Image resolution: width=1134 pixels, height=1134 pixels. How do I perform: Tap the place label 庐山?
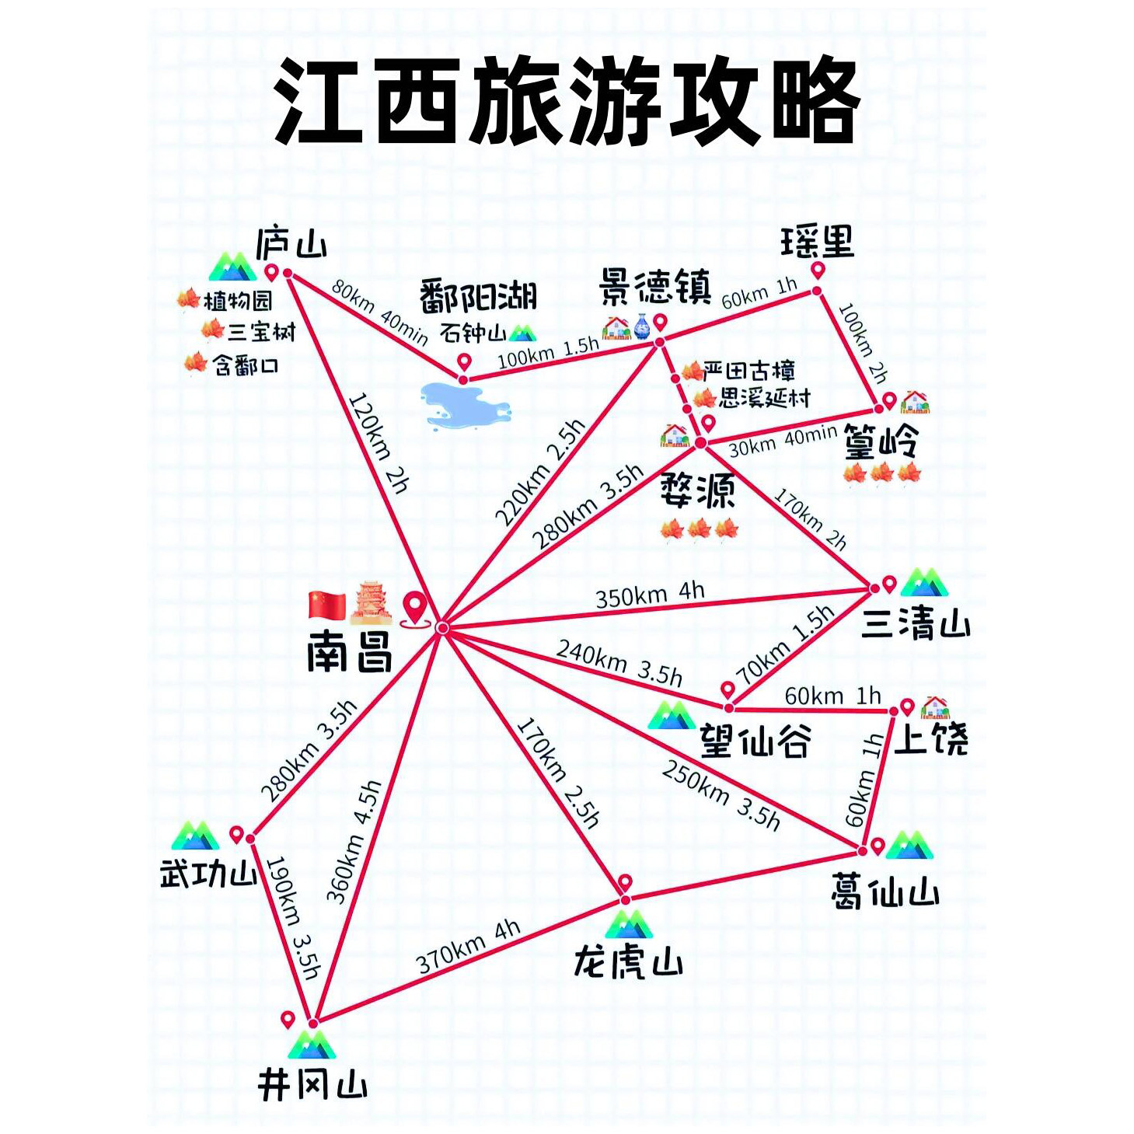tap(291, 243)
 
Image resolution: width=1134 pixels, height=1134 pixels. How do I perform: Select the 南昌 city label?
tap(350, 651)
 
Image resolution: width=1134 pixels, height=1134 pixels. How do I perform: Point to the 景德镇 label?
tap(655, 287)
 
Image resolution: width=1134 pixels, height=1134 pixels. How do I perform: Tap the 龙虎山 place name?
tap(629, 963)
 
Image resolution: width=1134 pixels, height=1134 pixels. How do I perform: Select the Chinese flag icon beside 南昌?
tap(327, 605)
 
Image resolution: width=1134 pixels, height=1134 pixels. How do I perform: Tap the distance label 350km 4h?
tap(650, 595)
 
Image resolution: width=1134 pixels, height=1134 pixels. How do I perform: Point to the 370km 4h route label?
tap(469, 946)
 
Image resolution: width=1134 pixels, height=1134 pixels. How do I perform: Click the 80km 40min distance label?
tap(379, 312)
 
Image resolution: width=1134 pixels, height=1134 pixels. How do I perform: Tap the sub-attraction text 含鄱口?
tap(245, 365)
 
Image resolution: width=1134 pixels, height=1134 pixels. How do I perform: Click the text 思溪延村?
tap(765, 399)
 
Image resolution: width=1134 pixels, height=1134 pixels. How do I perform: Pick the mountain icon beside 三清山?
tap(924, 582)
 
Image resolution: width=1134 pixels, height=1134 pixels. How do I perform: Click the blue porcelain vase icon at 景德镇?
tap(641, 326)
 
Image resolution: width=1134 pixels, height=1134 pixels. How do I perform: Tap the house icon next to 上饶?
tap(934, 707)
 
